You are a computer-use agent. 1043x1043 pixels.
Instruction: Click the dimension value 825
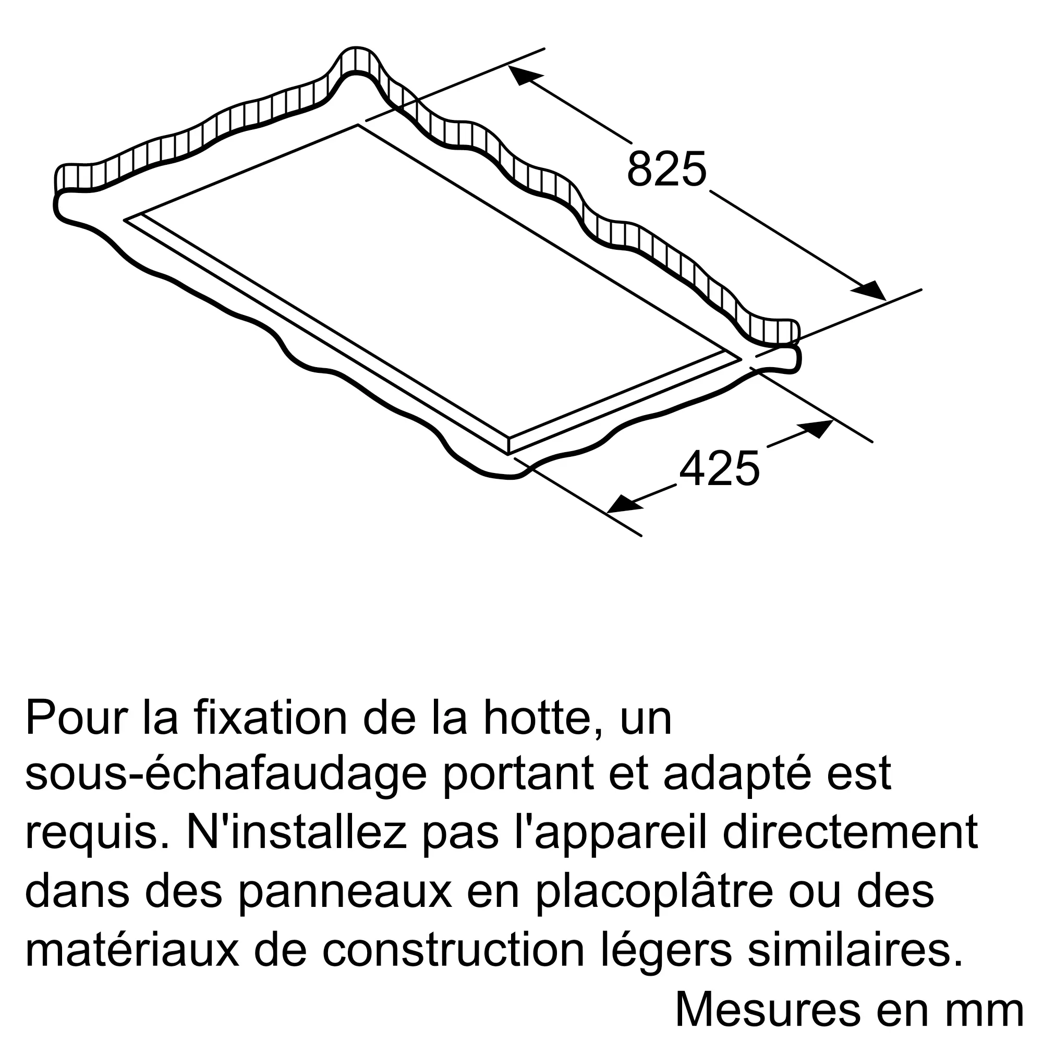[666, 168]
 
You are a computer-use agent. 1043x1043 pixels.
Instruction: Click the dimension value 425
[719, 468]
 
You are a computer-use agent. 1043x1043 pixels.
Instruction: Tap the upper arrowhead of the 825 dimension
[526, 76]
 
